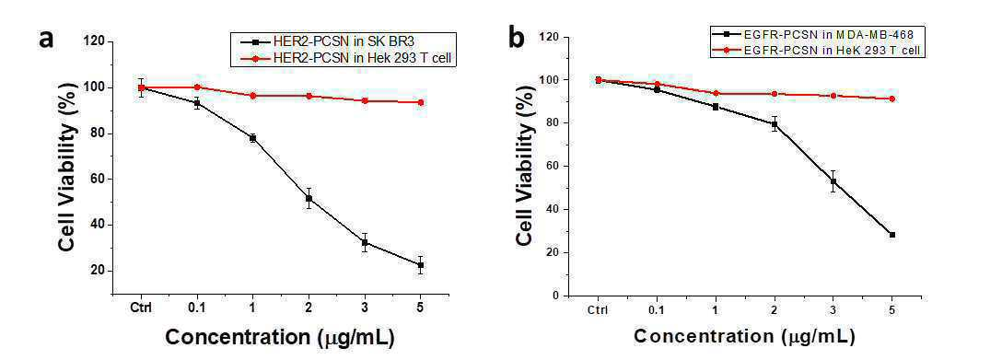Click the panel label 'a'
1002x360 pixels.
pos(46,39)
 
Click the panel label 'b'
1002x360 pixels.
pos(517,38)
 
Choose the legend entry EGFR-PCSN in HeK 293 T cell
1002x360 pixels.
pos(817,49)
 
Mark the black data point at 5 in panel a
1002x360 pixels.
pos(421,265)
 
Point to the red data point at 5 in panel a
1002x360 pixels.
pos(421,102)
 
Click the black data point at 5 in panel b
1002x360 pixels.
pos(892,235)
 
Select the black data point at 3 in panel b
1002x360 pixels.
pos(833,181)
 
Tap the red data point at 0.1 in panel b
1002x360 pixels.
pos(657,84)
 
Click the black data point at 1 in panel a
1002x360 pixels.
pos(253,138)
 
